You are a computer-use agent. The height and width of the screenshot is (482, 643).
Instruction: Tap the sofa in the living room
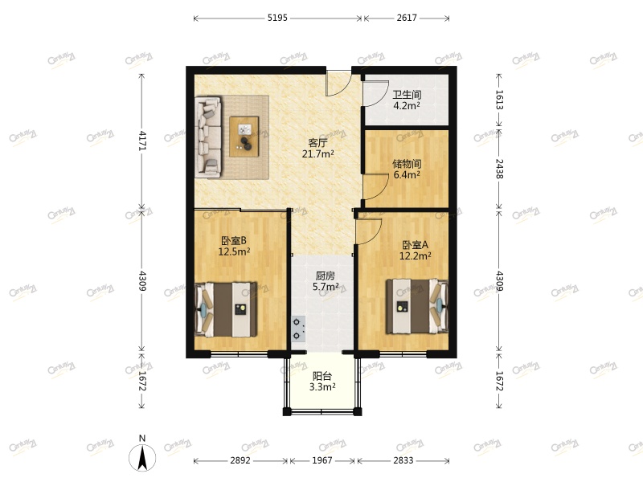(x=207, y=137)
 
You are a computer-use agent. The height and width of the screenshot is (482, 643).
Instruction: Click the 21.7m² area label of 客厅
(x=318, y=153)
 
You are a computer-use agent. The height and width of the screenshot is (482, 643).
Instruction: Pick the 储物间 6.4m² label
(x=407, y=169)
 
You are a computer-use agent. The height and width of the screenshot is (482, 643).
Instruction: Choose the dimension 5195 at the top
(x=277, y=18)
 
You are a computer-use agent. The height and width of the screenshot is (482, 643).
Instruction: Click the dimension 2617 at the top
(x=407, y=18)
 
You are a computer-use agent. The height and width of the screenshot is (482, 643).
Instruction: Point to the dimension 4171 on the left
(x=142, y=141)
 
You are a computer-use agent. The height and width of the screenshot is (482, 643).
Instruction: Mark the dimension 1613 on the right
(x=499, y=100)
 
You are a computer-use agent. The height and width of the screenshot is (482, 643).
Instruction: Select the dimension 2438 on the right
(x=499, y=167)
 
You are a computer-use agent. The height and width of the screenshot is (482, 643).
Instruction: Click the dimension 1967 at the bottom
(x=323, y=460)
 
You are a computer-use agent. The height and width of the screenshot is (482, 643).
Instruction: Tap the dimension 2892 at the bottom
(x=240, y=460)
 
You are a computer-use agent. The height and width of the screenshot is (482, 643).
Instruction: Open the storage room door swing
(x=374, y=189)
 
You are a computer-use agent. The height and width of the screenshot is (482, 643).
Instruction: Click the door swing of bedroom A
(x=367, y=231)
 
